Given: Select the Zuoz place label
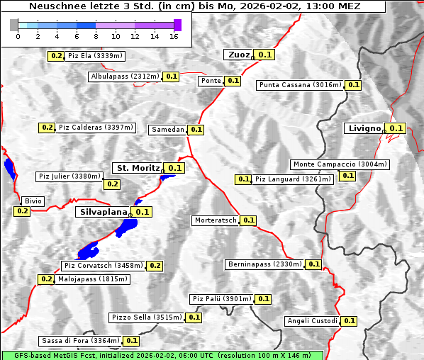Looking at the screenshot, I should coord(238,55).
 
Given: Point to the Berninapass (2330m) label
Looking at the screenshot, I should coord(265,264).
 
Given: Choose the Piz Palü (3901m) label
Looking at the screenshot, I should coord(221,299).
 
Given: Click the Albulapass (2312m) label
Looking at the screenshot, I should coord(125,77).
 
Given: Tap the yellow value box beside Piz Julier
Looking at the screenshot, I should coord(112,184).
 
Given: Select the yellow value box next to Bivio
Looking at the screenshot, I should coord(21,211).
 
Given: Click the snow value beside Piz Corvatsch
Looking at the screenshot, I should coord(155,266).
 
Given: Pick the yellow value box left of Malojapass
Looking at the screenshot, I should coord(46,279).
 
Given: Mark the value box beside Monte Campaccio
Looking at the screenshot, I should coord(347,176).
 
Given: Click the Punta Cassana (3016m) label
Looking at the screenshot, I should coord(300,85).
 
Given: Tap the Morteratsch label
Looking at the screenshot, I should coord(216,220).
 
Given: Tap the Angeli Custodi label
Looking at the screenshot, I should coord(312,321).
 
